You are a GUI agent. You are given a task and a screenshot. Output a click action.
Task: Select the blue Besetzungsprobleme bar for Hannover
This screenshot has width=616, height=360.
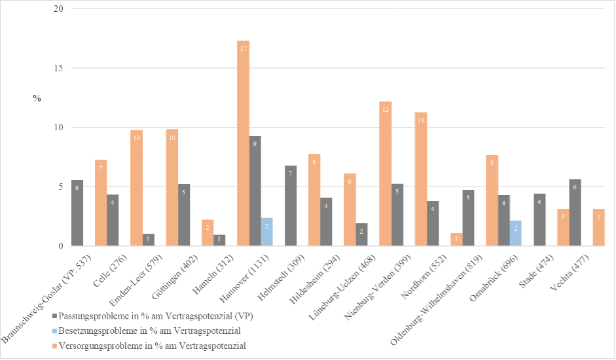pyautogui.click(x=266, y=232)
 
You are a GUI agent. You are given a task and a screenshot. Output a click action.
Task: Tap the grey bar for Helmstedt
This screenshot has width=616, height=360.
pyautogui.click(x=291, y=206)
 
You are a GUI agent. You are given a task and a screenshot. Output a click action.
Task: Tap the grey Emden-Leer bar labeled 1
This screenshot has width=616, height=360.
pyautogui.click(x=149, y=240)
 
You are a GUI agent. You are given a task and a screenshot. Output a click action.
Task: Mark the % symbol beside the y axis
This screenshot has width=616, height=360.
pyautogui.click(x=37, y=98)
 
